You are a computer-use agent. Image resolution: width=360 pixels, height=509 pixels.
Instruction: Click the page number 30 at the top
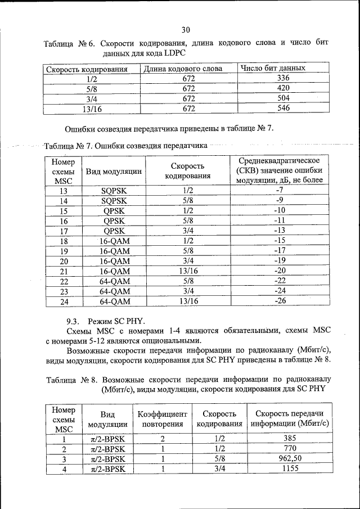point(186,30)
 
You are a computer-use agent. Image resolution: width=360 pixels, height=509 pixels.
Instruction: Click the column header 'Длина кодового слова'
point(182,69)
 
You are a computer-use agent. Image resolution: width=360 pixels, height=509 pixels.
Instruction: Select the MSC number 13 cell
point(63,190)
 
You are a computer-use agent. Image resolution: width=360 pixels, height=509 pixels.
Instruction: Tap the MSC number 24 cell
point(63,301)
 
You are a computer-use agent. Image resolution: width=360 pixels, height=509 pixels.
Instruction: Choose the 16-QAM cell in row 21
point(114,271)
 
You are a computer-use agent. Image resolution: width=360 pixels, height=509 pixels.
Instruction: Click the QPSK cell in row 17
point(114,231)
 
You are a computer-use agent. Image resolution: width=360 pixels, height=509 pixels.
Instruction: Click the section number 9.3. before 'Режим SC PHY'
point(75,321)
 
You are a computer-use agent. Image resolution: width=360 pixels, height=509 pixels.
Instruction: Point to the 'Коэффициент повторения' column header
point(162,418)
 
